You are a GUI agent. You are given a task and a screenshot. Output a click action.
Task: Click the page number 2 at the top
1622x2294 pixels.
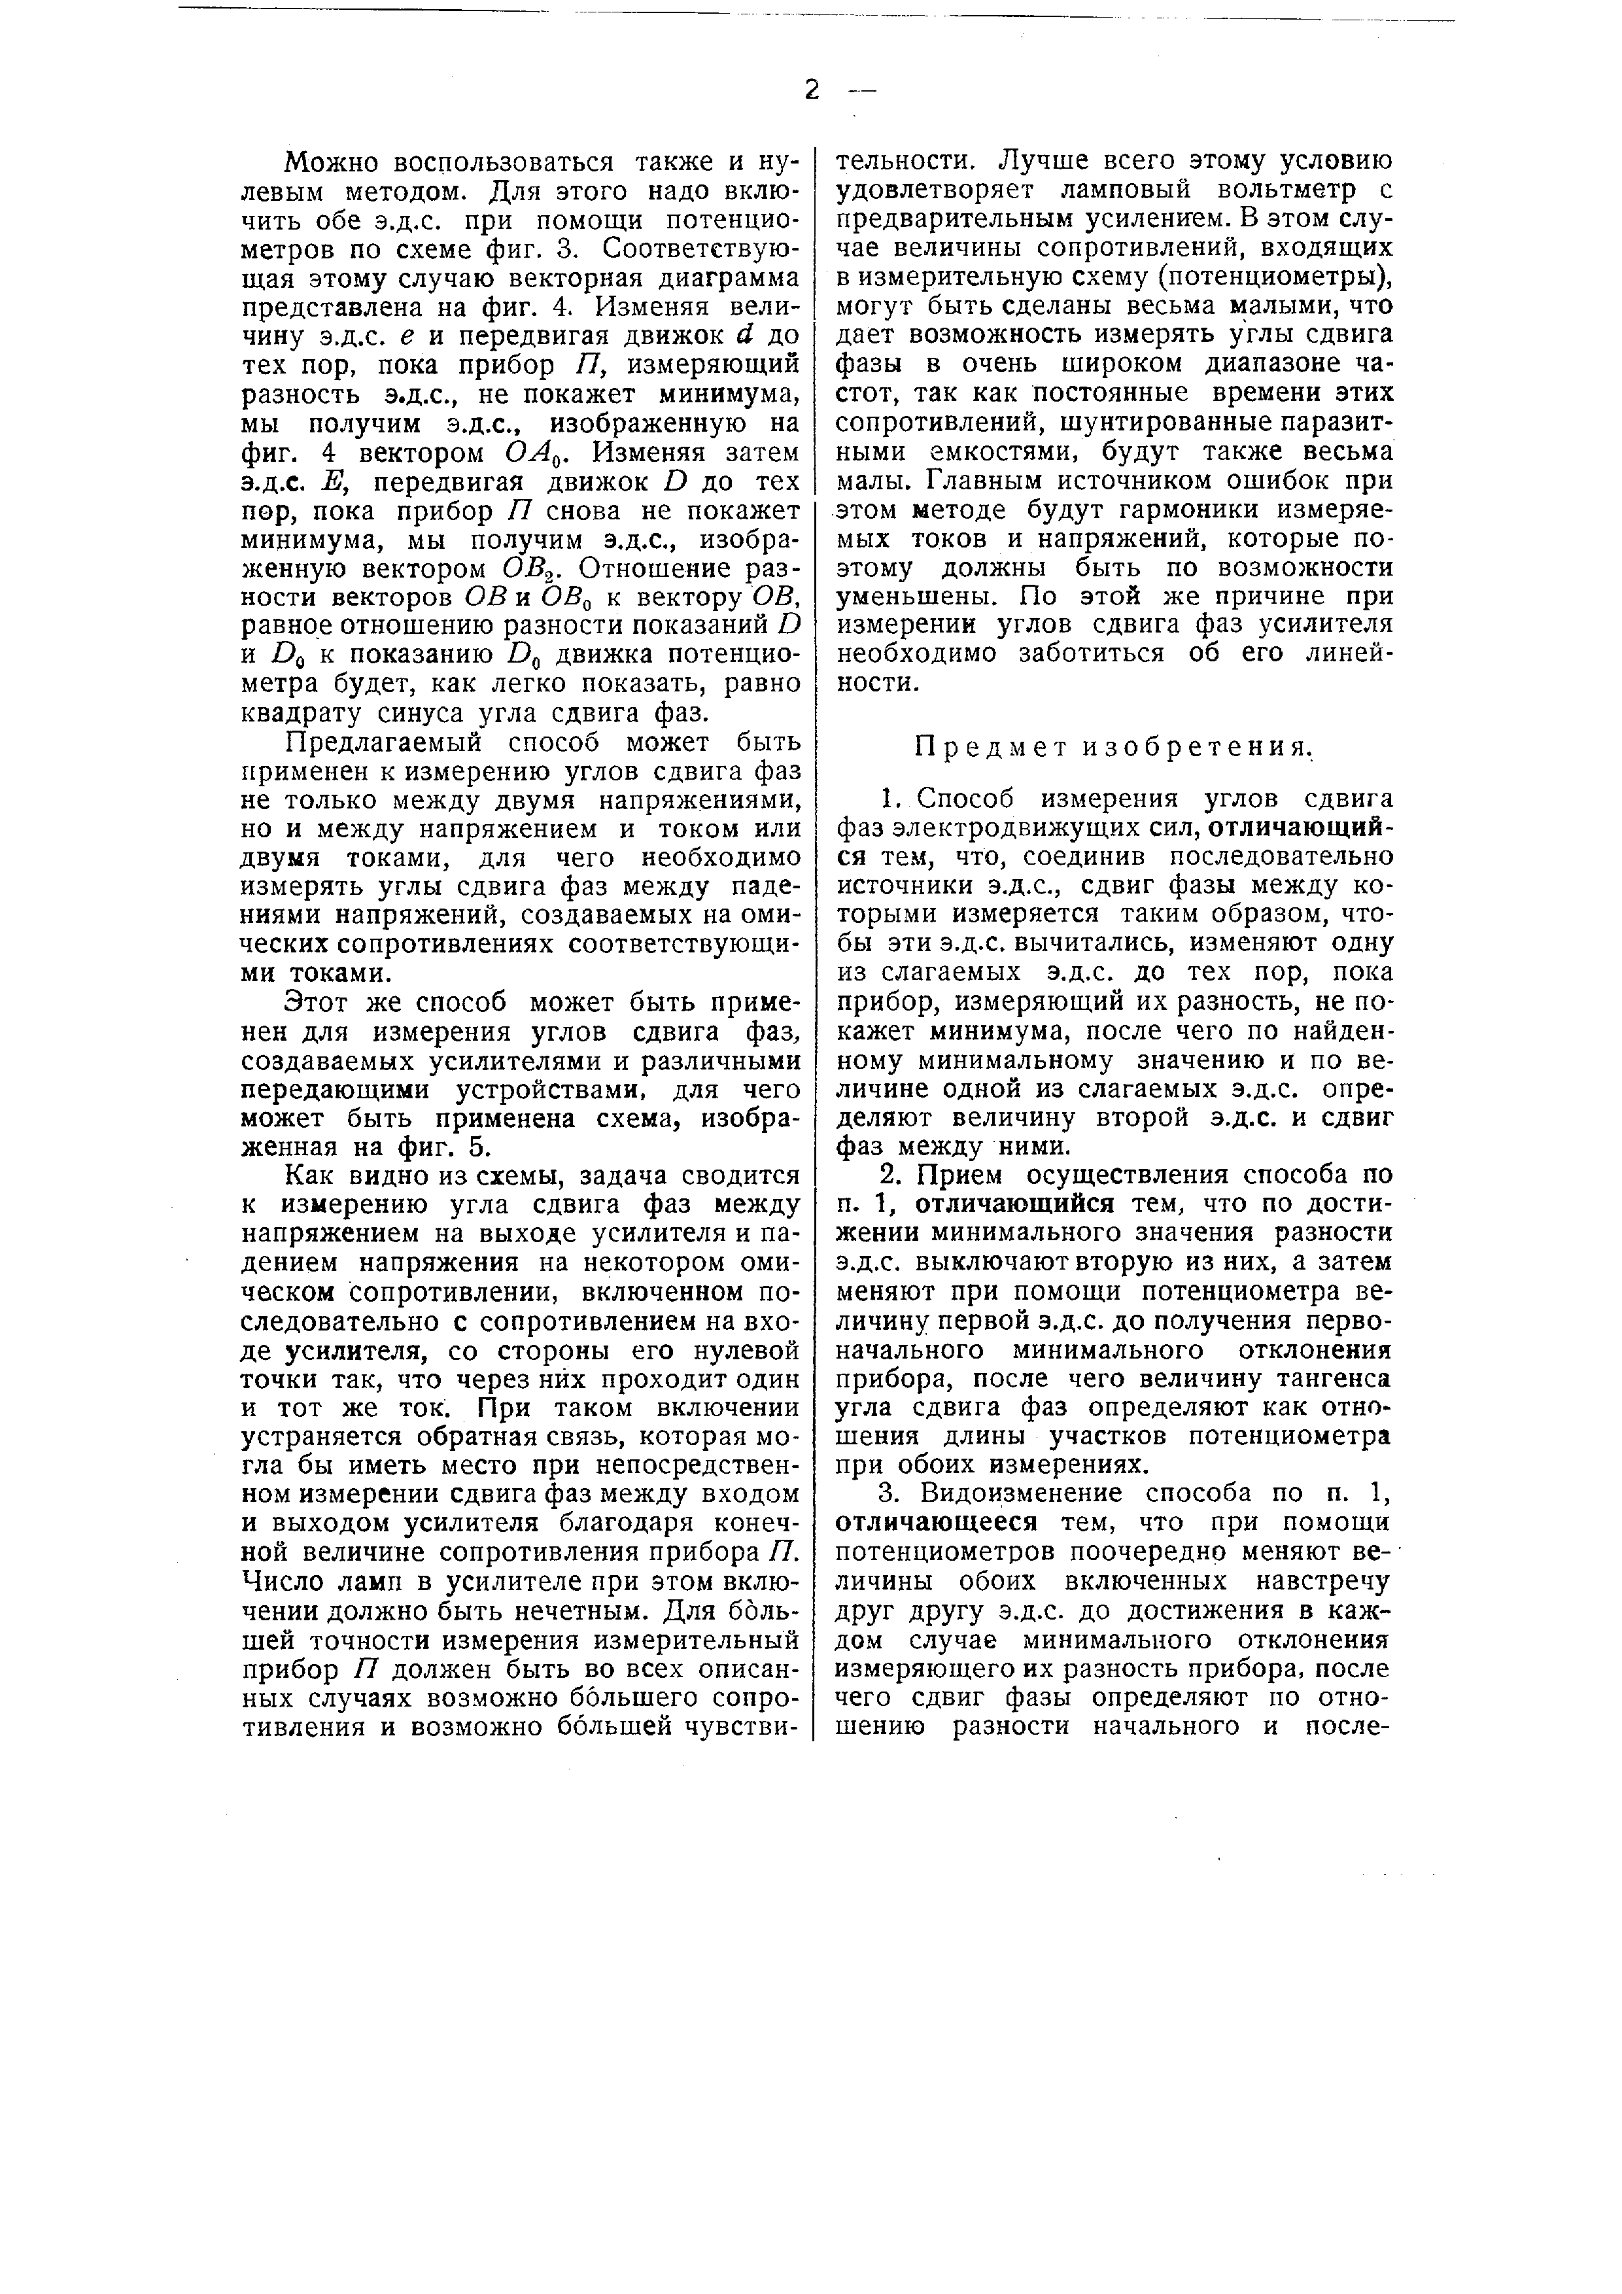click(x=811, y=90)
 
